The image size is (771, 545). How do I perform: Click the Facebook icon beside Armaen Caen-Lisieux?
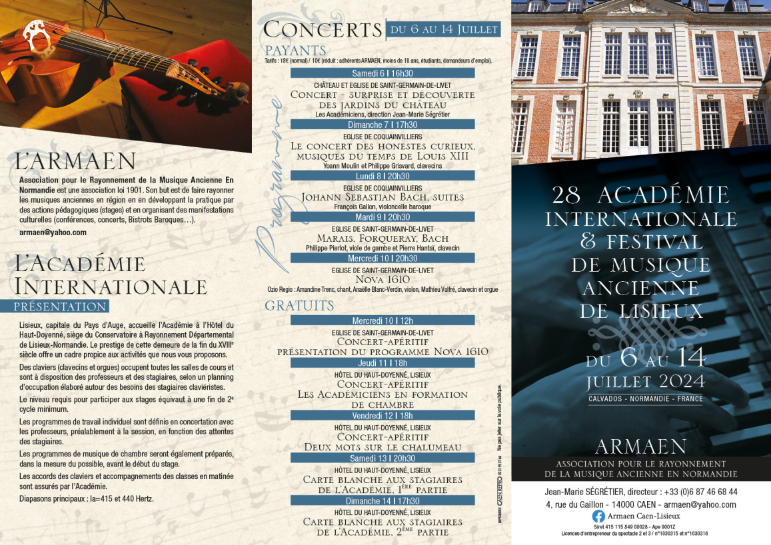point(598,516)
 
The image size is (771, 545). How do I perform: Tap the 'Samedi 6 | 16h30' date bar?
point(383,73)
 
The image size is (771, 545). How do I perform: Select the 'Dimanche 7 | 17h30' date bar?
point(383,125)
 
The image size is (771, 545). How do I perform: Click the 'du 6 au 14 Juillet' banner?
point(444,29)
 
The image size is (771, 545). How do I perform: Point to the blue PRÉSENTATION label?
point(61,306)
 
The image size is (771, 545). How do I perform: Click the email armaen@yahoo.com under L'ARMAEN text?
point(53,233)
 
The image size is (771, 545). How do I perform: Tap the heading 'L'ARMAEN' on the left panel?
point(75,161)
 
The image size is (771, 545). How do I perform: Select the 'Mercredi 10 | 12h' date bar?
point(383,320)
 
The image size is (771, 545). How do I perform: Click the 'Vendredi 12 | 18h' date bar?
point(383,415)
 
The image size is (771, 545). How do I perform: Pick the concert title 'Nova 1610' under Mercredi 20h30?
point(383,280)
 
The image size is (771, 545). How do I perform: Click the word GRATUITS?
point(299,306)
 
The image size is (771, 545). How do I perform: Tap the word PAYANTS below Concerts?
point(295,51)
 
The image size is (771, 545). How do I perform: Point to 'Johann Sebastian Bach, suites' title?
point(383,197)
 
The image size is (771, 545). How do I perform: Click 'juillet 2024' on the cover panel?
point(645,381)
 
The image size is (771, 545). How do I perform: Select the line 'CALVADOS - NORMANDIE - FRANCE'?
point(645,399)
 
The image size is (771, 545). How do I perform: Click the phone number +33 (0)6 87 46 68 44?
point(696,492)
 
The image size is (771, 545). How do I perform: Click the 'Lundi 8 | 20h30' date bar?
point(383,176)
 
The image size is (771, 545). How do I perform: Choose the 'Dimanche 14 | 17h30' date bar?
point(383,500)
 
